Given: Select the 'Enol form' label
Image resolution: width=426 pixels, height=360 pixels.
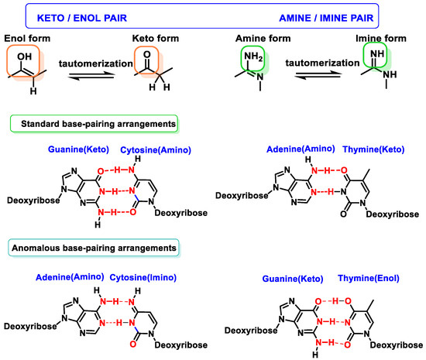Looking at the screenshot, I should pos(28,37).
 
